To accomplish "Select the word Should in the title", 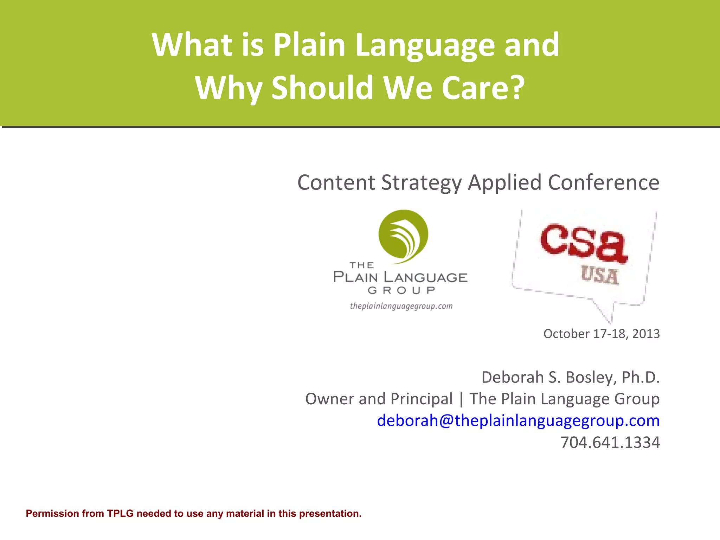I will point(322,88).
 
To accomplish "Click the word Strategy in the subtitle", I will point(421,182).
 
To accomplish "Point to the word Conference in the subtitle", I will point(603,182).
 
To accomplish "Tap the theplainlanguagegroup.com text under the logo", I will point(401,306).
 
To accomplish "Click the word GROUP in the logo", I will point(401,290).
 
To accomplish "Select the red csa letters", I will point(584,243).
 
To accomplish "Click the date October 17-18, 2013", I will point(601,334).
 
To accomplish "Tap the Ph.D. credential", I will point(641,377).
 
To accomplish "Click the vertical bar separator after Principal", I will point(461,399).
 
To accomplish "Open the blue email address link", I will point(518,420).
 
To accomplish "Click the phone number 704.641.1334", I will point(610,442).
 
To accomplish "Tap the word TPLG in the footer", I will point(120,514).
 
